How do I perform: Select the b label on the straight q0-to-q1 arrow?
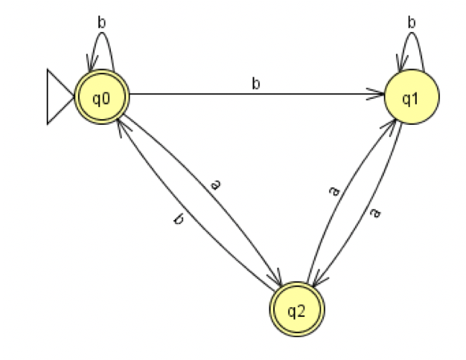click(256, 84)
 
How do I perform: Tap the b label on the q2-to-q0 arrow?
click(178, 220)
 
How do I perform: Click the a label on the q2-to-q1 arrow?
click(335, 191)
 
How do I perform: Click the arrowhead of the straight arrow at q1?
click(380, 95)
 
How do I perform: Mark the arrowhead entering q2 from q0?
click(278, 283)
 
